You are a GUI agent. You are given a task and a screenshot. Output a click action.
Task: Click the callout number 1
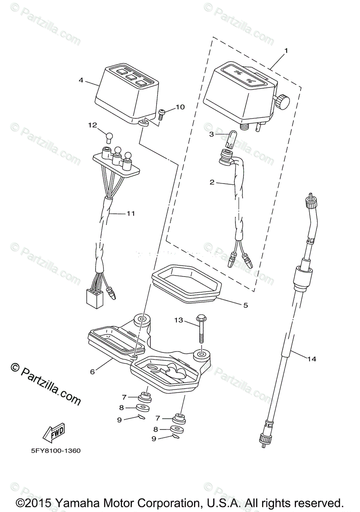[x=286, y=50]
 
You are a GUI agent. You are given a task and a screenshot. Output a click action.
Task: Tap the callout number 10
[x=180, y=107]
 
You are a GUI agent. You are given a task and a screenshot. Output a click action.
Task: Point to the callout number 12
[x=93, y=125]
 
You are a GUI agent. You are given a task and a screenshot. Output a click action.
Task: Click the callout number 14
[x=312, y=359]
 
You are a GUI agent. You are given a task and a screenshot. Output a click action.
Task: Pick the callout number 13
[x=178, y=320]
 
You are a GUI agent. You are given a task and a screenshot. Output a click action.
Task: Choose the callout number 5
[x=245, y=305]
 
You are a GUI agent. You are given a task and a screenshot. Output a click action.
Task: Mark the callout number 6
[x=92, y=371]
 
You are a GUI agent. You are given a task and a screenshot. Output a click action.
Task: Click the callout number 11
[x=131, y=213]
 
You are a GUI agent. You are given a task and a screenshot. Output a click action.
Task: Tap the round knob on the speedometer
[x=282, y=102]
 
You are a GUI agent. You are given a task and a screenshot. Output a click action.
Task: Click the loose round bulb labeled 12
[x=109, y=137]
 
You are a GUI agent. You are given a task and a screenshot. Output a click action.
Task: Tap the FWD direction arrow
[x=54, y=434]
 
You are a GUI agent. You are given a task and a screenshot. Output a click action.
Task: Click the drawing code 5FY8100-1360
[x=55, y=451]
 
